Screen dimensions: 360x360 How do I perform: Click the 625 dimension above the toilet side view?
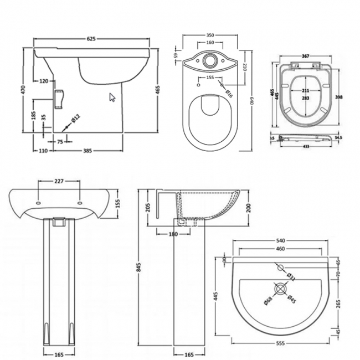click(92, 39)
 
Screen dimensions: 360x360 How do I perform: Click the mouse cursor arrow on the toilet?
click(112, 97)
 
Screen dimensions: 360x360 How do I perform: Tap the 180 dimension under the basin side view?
click(173, 234)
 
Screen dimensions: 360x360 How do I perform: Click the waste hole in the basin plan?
click(281, 289)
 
